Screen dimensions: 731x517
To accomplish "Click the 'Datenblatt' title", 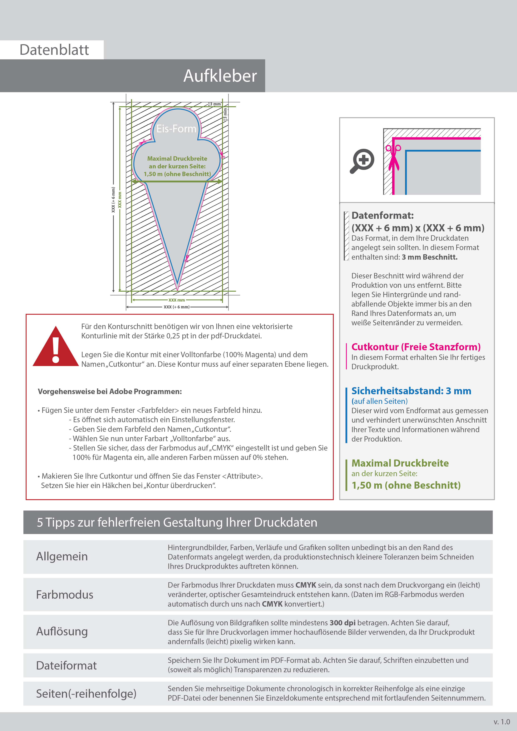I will point(54,50).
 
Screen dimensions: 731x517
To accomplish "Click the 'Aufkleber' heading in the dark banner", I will point(220,76).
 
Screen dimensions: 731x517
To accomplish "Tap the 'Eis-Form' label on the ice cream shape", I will point(176,129).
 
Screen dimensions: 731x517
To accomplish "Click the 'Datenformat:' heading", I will point(383,215).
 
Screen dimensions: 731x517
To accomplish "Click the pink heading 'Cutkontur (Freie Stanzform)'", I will point(416,347).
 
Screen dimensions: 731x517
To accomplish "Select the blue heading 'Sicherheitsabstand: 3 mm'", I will point(411,391).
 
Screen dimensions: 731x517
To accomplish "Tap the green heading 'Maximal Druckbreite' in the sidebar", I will point(400,463).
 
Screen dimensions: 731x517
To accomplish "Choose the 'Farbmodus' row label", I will point(65,595).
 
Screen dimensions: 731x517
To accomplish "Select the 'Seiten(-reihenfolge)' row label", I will point(86,693).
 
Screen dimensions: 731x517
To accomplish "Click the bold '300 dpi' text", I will point(343,623).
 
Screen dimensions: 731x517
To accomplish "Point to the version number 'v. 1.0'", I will point(502,722).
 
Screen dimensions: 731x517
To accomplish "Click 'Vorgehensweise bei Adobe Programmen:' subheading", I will point(110,392).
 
